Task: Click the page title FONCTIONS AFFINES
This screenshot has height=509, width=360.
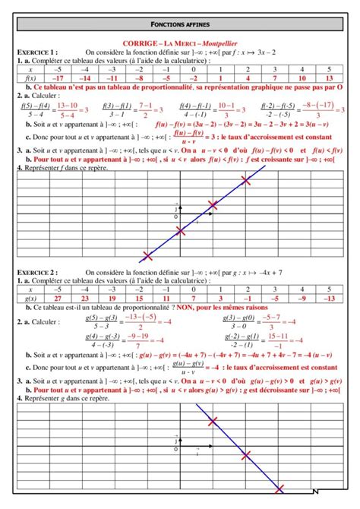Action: (180, 25)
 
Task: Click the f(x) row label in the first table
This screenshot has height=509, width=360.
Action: (30, 77)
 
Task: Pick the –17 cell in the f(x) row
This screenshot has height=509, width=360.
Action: (58, 77)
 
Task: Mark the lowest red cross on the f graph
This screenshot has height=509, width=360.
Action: (147, 257)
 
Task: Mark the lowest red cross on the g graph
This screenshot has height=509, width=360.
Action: (279, 490)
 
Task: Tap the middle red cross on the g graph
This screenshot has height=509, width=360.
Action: (245, 455)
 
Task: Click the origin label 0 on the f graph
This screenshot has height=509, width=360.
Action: (175, 217)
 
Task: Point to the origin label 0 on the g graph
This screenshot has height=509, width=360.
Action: (175, 448)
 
